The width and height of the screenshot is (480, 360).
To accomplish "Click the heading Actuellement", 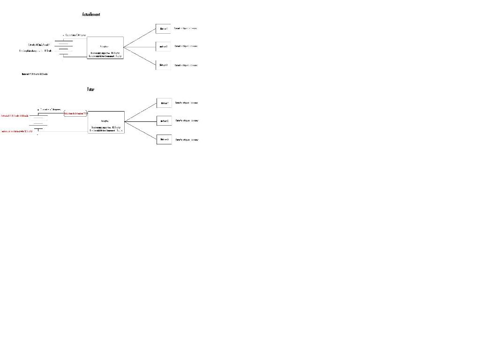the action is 91,15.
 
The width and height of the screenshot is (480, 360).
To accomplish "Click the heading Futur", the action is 90,89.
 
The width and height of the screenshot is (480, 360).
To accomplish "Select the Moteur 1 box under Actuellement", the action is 163,29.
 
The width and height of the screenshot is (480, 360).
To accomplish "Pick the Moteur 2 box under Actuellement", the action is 163,46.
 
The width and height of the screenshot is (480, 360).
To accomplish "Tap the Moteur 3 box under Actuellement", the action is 163,65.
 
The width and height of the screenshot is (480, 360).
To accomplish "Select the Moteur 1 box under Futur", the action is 164,103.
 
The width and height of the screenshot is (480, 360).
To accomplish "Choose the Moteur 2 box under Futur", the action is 164,121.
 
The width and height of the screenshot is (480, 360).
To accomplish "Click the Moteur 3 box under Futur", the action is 164,139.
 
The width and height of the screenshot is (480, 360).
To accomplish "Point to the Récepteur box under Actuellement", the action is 105,48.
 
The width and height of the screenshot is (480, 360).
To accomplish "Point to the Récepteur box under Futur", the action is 106,122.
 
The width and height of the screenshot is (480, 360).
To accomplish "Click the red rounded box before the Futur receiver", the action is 75,113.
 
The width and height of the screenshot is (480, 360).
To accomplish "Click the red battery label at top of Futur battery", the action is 15,115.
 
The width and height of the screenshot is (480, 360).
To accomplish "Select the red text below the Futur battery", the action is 17,131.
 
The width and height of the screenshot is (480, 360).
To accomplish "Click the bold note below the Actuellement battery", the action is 35,74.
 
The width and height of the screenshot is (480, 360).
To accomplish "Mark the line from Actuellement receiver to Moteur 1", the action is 140,37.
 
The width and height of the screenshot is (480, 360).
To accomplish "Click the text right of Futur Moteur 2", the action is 187,121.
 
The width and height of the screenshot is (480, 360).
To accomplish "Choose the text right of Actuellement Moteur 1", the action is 186,28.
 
